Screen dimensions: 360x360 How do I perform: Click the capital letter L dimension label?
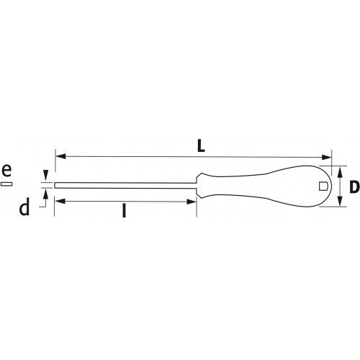201,144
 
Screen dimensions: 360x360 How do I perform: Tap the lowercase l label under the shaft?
125,212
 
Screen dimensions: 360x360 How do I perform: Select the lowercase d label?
24,208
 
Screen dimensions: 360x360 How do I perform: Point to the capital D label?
353,187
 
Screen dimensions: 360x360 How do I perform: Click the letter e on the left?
6,171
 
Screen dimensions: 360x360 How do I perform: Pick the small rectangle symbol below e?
6,185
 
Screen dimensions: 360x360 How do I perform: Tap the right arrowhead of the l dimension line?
192,202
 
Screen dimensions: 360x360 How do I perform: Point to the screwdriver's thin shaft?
122,186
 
